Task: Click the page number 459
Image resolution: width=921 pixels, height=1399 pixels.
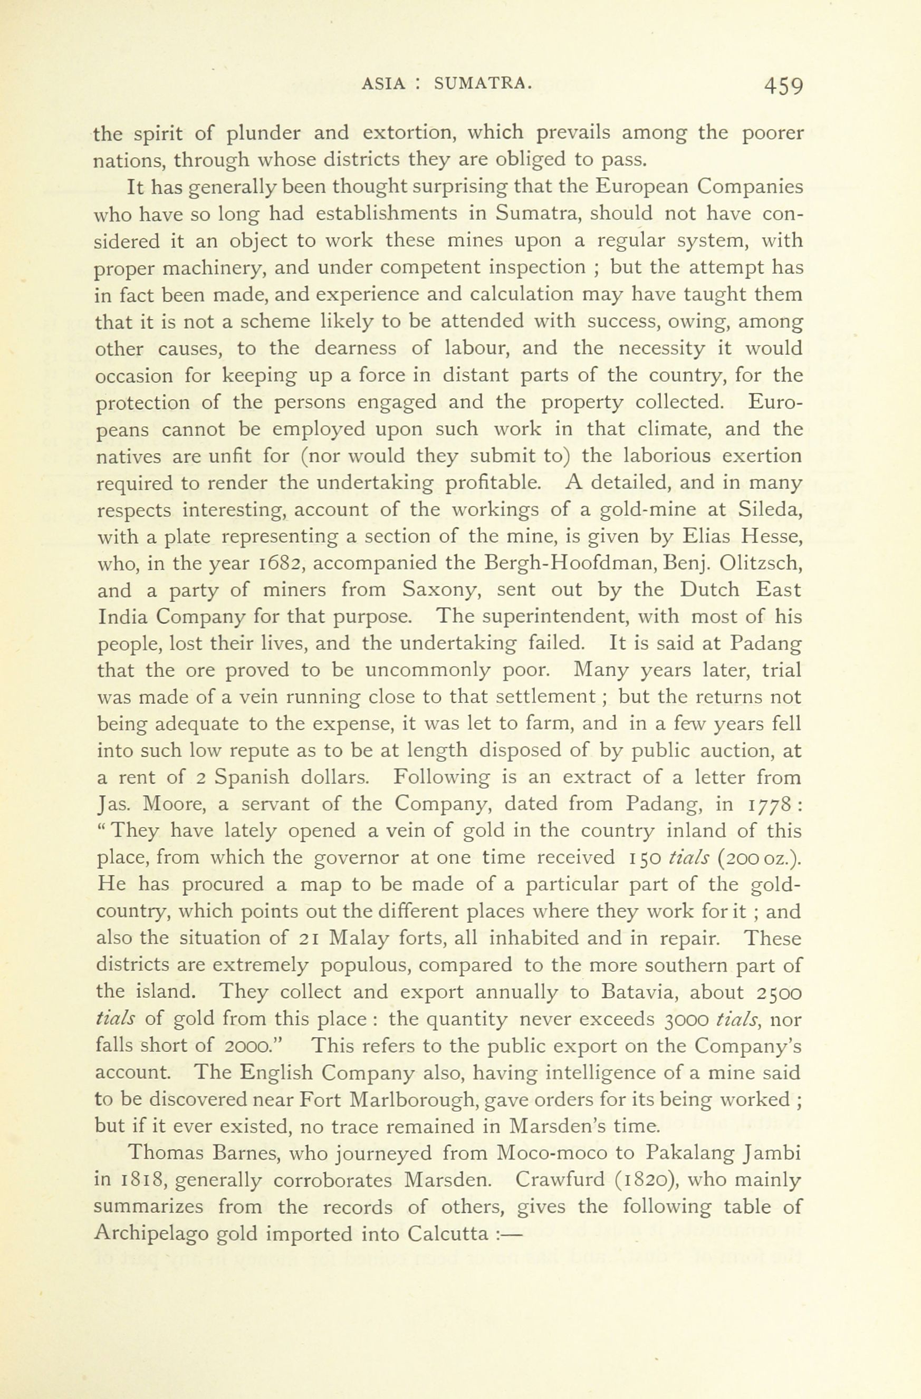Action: pos(783,86)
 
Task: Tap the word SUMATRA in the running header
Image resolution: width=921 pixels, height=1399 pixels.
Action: pos(483,84)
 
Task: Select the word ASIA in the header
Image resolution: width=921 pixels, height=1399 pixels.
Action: pos(383,84)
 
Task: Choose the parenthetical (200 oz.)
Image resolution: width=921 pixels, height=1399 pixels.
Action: pos(759,858)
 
